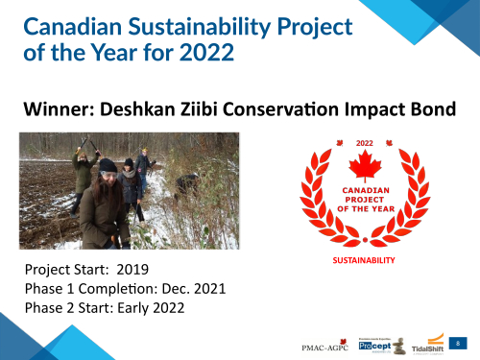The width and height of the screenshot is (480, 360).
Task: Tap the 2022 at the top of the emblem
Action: tap(364, 143)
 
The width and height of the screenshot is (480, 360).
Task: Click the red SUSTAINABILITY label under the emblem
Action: tap(364, 260)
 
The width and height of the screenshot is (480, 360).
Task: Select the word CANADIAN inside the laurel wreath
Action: tap(364, 190)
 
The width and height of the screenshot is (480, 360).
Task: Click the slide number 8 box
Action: tap(460, 342)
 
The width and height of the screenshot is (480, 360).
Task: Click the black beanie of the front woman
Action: tap(108, 165)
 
